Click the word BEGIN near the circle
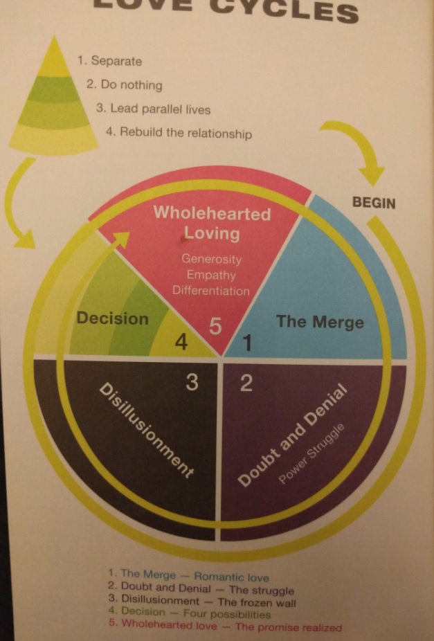(x=374, y=204)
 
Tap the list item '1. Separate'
(x=109, y=61)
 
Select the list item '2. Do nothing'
(x=125, y=85)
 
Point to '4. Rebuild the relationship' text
(x=179, y=133)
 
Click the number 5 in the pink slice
(x=215, y=326)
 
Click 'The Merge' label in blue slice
(x=320, y=322)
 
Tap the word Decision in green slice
(x=112, y=319)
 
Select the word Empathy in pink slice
(x=211, y=275)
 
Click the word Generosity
(x=211, y=259)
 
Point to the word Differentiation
(x=211, y=291)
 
